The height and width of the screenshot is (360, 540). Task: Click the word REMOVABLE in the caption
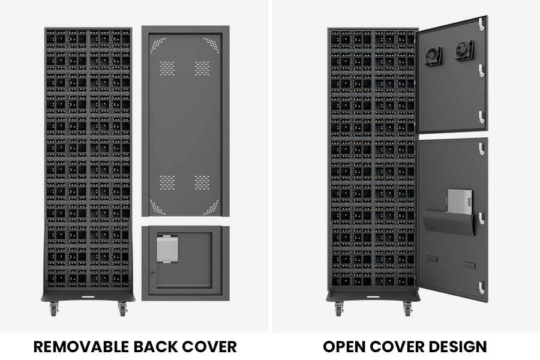coord(81,347)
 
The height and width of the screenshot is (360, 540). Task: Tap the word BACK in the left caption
coord(155,347)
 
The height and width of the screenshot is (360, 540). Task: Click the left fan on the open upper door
coord(433,56)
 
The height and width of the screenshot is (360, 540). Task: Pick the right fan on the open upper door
coord(464,50)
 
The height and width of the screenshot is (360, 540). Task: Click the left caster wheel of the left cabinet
coord(54,308)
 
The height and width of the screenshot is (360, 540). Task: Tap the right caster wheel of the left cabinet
coord(122,308)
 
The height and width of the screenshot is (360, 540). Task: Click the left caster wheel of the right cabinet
coord(339,308)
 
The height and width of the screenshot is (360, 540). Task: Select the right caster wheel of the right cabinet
coord(408,308)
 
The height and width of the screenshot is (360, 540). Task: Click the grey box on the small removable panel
coord(167,249)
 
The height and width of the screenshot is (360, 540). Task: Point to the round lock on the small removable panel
coord(153,274)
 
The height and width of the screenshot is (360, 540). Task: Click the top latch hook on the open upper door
coord(481,24)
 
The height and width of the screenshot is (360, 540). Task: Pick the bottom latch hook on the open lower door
coord(481,287)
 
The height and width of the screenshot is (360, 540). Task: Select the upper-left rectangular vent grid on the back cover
coord(167,68)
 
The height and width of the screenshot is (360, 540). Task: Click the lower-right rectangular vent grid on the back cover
coord(202,182)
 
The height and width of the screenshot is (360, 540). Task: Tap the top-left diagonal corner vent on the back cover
coord(158,45)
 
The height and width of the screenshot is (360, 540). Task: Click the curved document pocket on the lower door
coord(449,222)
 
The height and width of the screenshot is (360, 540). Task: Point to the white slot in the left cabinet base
coord(88,296)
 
